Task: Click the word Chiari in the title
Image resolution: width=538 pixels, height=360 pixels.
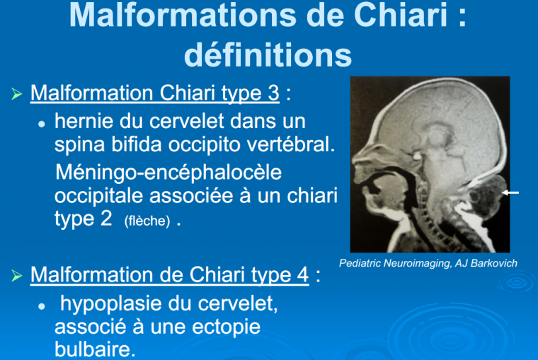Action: pyautogui.click(x=401, y=15)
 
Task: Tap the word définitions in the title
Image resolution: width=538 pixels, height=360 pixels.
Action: pyautogui.click(x=268, y=55)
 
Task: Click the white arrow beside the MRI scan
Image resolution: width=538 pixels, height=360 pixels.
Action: pyautogui.click(x=510, y=192)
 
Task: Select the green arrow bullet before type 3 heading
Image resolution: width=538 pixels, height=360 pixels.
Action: pyautogui.click(x=16, y=93)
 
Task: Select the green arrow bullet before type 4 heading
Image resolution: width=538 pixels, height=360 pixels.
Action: pyautogui.click(x=16, y=275)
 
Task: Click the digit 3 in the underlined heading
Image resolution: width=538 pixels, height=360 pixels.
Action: pyautogui.click(x=273, y=93)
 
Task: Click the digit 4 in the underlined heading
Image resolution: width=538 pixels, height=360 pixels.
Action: pyautogui.click(x=303, y=275)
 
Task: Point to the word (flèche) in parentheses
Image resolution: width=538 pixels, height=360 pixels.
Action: pyautogui.click(x=147, y=221)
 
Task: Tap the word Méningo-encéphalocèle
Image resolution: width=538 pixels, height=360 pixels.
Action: pyautogui.click(x=168, y=172)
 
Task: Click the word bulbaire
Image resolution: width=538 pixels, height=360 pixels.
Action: pyautogui.click(x=93, y=349)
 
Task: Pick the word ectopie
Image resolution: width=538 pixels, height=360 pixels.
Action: pyautogui.click(x=226, y=327)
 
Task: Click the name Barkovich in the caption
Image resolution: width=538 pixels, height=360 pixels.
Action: pyautogui.click(x=493, y=263)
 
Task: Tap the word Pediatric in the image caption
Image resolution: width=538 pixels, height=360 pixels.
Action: pyautogui.click(x=359, y=263)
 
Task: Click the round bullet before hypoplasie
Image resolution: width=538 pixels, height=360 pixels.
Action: pyautogui.click(x=42, y=306)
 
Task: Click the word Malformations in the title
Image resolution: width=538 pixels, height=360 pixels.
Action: pyautogui.click(x=183, y=15)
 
